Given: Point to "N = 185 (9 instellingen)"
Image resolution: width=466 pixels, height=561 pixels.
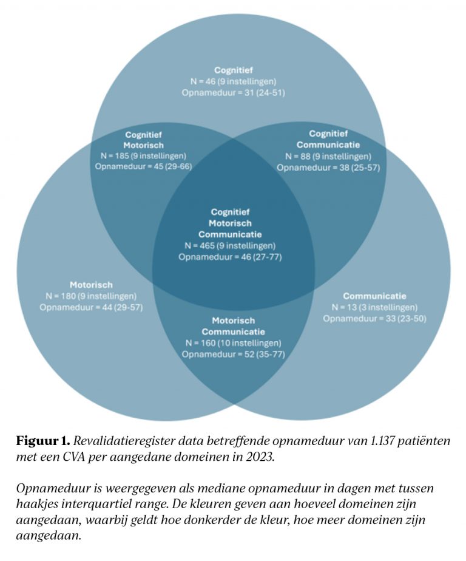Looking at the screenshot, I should point(143,155).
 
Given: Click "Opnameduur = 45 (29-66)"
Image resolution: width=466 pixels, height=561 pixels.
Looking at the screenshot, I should point(143,166).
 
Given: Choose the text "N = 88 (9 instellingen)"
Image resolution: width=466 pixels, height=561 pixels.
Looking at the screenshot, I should point(328,155).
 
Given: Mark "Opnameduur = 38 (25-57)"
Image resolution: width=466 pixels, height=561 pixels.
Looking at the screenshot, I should point(328,166).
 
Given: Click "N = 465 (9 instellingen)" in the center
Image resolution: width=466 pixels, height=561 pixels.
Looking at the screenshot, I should point(231,246).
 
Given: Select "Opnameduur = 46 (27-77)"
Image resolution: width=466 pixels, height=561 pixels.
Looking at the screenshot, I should point(231,257).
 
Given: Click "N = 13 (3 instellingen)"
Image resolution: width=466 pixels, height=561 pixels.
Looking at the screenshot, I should point(374,307).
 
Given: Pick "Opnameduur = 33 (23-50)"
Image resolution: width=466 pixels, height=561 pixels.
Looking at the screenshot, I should point(374,318).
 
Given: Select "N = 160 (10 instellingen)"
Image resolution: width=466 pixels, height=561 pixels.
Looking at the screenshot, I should point(234,343).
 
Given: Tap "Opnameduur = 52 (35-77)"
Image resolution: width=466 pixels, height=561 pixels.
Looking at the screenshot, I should point(234,354).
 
